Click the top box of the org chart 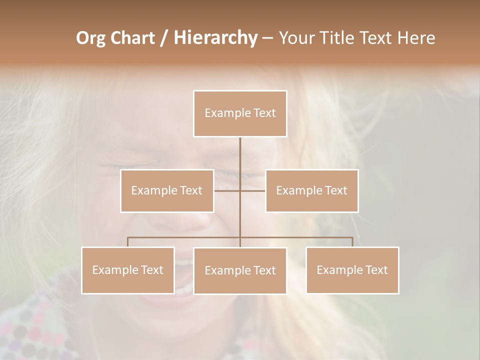240,113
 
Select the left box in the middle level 167,190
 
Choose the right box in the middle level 311,190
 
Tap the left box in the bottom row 127,270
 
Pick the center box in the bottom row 240,270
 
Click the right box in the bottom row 352,270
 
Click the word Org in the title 91,38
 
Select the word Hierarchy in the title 215,38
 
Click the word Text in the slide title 376,38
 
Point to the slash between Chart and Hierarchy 164,38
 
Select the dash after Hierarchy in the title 267,38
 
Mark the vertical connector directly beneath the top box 240,152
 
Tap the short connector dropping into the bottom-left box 127,242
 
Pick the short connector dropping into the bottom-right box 352,242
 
